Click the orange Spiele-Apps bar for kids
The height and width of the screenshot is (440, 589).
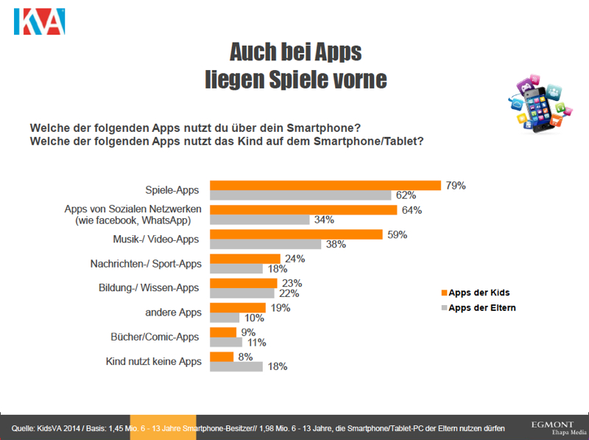click(325, 186)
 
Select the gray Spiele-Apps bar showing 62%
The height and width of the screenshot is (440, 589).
click(300, 195)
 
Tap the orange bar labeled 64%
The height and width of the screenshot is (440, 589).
click(304, 210)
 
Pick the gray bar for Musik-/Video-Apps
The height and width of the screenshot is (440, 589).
click(266, 245)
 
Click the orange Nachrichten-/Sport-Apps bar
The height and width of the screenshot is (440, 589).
click(245, 259)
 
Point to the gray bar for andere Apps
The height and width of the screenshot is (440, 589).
click(225, 318)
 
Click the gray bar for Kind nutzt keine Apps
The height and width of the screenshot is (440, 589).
click(236, 366)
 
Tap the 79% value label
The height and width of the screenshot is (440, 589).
click(456, 186)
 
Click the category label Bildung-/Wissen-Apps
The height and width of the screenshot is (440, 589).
click(149, 288)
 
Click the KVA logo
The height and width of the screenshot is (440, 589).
click(39, 22)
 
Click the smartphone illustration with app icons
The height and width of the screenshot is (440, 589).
click(537, 102)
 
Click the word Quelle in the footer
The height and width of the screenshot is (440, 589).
click(24, 427)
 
